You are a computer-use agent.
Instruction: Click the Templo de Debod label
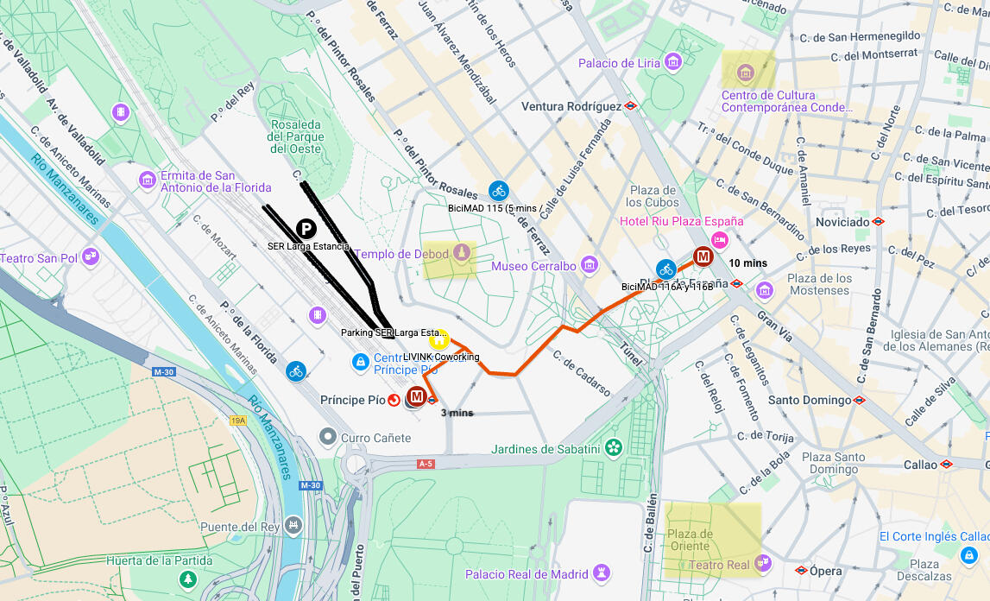(x=402, y=254)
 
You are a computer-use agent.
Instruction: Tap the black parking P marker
(x=306, y=229)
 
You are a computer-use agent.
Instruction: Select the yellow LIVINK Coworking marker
(x=438, y=338)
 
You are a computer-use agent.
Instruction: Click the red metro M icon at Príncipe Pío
(x=417, y=396)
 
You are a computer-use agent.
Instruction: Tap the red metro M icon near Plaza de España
(x=703, y=256)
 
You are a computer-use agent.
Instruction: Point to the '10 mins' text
(x=747, y=263)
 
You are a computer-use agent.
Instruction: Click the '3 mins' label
(x=457, y=413)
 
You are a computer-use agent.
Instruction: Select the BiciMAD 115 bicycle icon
(x=498, y=191)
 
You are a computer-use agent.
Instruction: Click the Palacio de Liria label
(x=619, y=63)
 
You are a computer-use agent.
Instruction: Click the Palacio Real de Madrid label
(x=527, y=574)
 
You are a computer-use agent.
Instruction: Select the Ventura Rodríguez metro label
(x=571, y=106)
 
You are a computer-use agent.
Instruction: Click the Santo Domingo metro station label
(x=810, y=400)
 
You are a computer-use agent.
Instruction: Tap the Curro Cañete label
(x=375, y=438)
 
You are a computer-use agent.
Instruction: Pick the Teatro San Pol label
(x=39, y=258)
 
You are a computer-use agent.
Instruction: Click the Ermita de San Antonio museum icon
(x=148, y=180)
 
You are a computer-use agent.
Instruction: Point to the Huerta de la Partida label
(x=147, y=560)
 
